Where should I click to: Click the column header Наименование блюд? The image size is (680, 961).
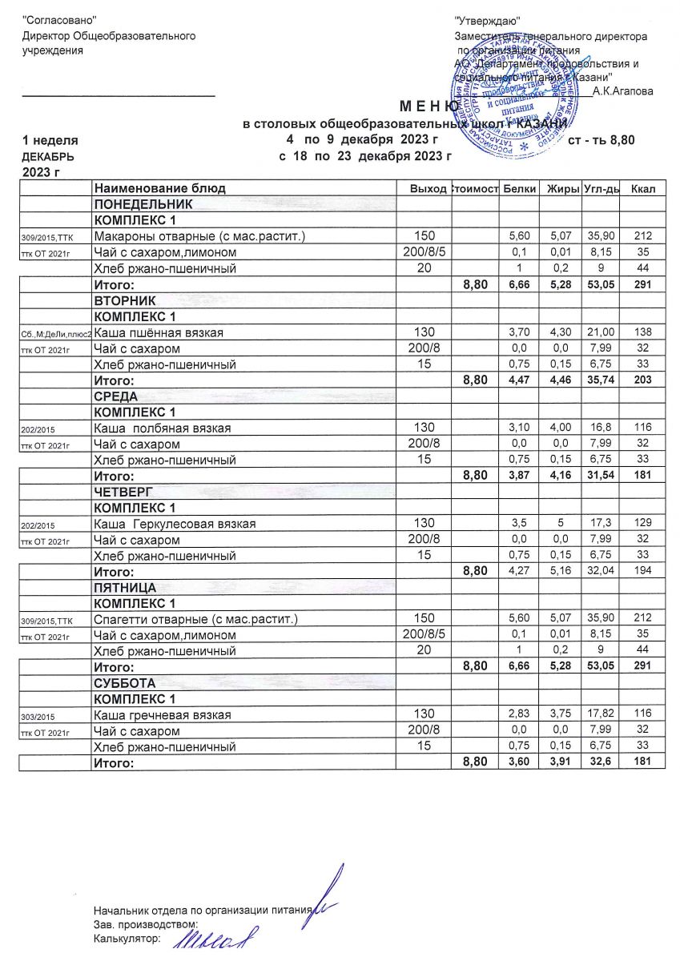[x=160, y=188]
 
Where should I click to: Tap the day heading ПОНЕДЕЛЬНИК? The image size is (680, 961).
[x=144, y=204]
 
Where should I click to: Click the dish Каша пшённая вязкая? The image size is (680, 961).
[x=159, y=332]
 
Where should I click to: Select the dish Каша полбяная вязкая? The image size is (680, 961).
[x=163, y=428]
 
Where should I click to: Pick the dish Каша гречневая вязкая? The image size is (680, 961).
[x=163, y=715]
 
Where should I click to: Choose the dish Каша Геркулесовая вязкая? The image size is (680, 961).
[x=175, y=524]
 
